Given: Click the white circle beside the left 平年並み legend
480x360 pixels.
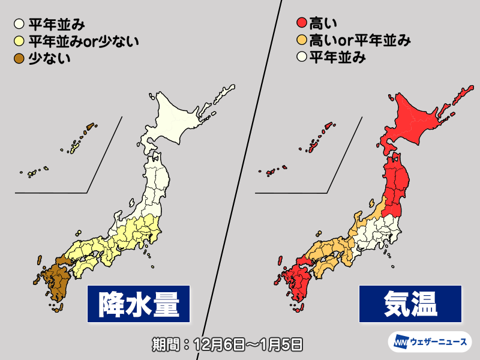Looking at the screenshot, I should [19, 25].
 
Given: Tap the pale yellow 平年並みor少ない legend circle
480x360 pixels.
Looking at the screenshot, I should [19, 41].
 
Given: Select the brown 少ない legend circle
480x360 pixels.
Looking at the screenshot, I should [19, 58].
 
